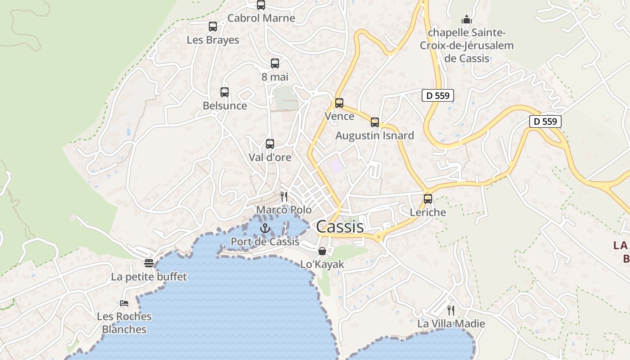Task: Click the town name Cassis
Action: (340, 226)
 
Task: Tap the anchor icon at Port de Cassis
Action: (265, 229)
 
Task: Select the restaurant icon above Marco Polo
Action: (284, 197)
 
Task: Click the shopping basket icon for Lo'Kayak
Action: (322, 251)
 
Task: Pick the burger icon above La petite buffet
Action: (149, 263)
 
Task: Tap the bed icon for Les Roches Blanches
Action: (124, 303)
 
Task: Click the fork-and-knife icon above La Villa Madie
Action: (451, 310)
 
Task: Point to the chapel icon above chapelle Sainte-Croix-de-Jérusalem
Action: (467, 19)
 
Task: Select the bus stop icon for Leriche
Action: (428, 198)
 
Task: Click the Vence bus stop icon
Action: (339, 103)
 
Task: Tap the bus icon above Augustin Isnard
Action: (375, 122)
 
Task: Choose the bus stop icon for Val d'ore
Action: (270, 144)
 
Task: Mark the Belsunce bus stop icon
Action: (225, 92)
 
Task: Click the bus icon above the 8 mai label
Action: (275, 63)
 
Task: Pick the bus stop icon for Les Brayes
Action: (213, 27)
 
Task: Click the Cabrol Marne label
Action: (261, 18)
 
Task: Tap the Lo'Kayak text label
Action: (322, 265)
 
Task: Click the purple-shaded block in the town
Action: (336, 166)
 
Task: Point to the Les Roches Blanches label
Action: (124, 323)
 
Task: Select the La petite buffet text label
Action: (149, 276)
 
